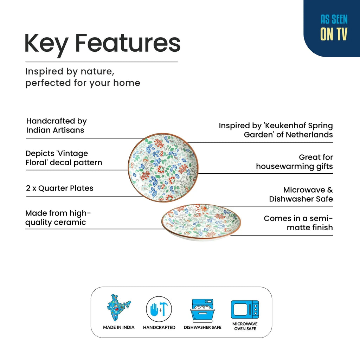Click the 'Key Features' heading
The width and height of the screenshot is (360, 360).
tap(102, 44)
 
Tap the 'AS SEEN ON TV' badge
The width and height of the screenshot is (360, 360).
tap(332, 28)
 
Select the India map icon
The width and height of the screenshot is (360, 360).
tap(119, 308)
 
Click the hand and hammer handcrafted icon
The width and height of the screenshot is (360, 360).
tap(159, 309)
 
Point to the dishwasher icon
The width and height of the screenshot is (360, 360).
tap(202, 310)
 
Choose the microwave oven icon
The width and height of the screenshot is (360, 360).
tap(245, 309)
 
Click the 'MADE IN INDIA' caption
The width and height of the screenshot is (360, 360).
tap(119, 327)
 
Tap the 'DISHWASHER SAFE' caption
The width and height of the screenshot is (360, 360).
tap(202, 327)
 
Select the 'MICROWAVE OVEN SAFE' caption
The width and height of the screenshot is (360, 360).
tap(245, 326)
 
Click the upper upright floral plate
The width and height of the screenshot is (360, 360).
tap(163, 168)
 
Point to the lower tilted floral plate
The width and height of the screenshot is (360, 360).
tap(201, 221)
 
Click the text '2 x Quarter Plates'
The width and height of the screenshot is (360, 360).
tap(60, 188)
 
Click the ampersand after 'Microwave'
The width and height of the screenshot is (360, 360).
tap(330, 190)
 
